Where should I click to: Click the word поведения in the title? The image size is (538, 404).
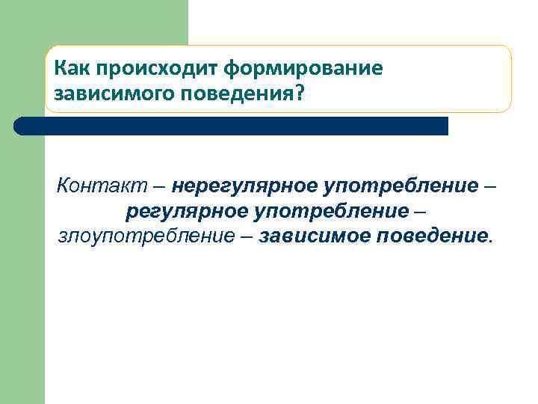(239, 95)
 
